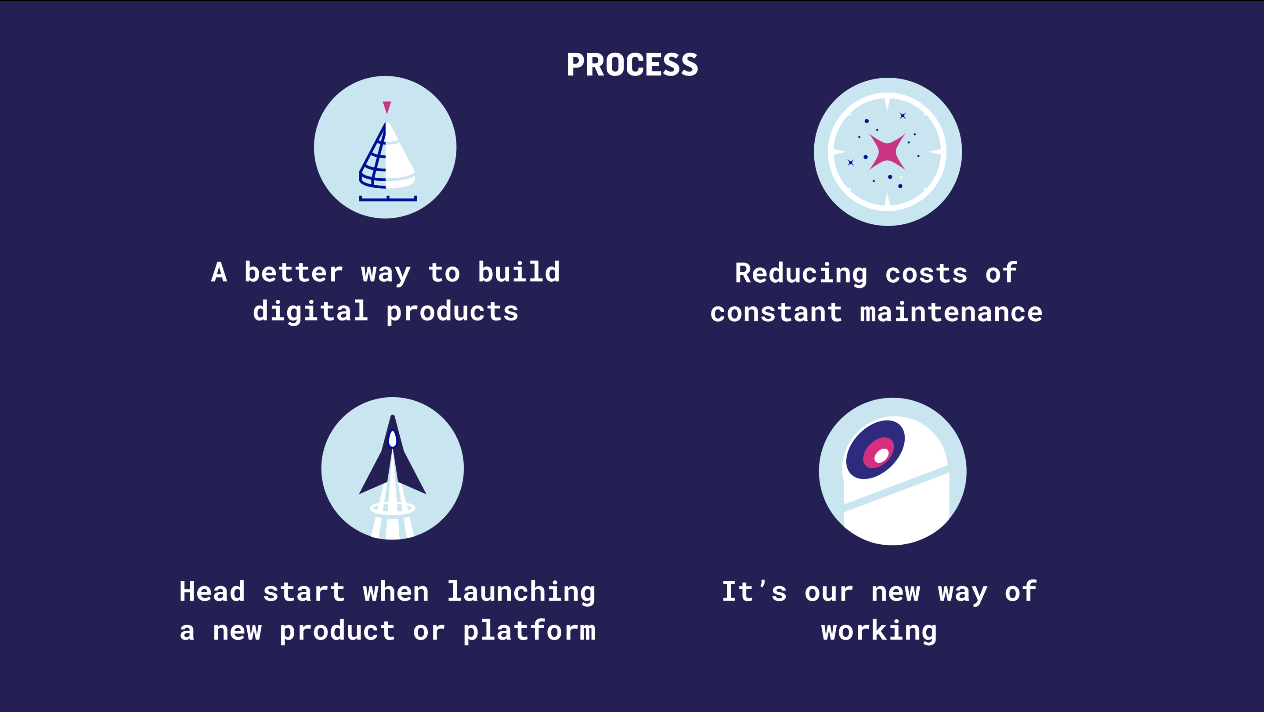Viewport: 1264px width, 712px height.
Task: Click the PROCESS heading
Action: (x=632, y=65)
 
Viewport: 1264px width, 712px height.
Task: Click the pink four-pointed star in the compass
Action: (x=887, y=152)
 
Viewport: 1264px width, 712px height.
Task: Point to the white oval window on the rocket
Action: (x=393, y=439)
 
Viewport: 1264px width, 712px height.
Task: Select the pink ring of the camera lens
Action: (x=878, y=453)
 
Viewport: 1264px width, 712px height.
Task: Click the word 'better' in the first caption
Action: (x=293, y=273)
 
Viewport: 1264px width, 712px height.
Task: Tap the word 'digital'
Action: (x=311, y=311)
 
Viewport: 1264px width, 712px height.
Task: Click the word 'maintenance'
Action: (x=951, y=313)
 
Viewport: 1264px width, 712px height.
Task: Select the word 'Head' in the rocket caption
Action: (x=212, y=591)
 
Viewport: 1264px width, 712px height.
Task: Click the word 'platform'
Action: (x=529, y=631)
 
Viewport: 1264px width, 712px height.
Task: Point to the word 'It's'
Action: (x=755, y=591)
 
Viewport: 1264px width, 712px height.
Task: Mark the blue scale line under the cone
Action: (x=388, y=198)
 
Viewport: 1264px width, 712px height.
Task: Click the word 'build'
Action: (x=519, y=272)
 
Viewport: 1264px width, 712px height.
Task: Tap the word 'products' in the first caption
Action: (x=452, y=313)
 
